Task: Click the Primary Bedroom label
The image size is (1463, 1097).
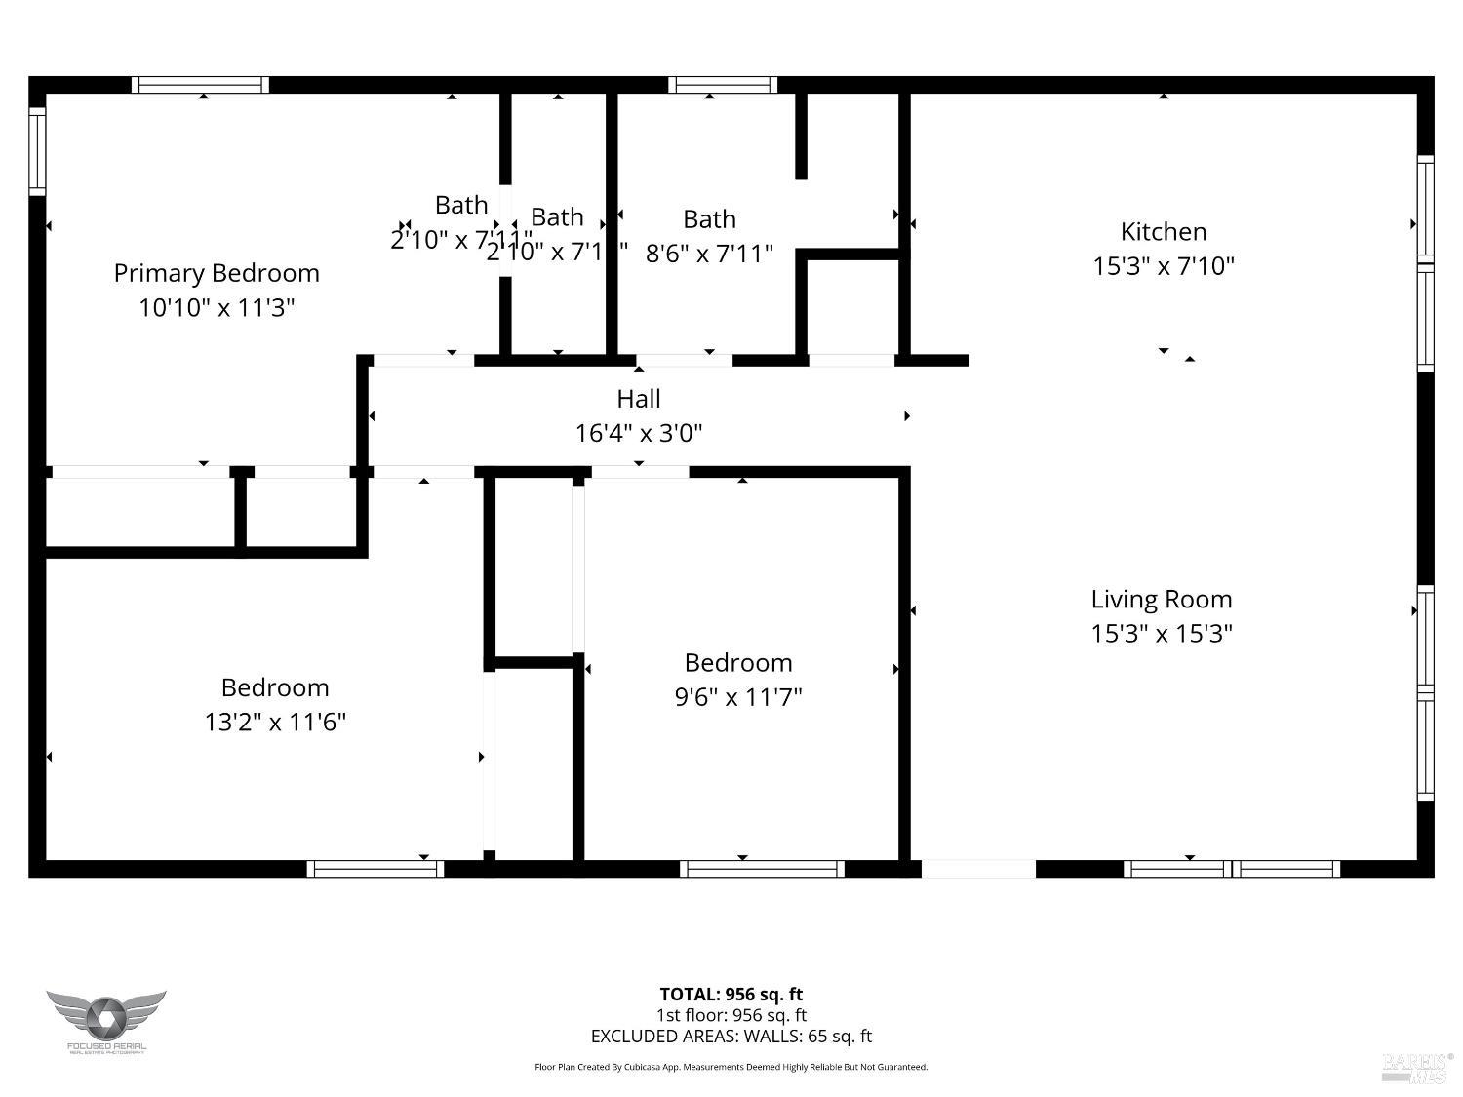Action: click(217, 273)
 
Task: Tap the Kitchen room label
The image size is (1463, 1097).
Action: click(1164, 232)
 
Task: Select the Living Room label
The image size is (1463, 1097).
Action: click(1162, 600)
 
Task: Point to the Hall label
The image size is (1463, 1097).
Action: click(639, 399)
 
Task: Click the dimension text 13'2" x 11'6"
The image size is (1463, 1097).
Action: click(275, 723)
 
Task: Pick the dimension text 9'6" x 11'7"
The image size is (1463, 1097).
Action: click(738, 697)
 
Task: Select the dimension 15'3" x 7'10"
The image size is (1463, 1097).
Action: click(1164, 266)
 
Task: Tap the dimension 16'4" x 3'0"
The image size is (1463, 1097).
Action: click(639, 433)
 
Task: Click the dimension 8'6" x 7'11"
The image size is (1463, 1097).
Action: click(709, 254)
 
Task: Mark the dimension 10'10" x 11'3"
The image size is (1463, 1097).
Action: click(217, 308)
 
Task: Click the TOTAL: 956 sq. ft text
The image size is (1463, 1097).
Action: click(731, 995)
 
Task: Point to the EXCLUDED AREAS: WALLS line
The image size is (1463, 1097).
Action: click(731, 1037)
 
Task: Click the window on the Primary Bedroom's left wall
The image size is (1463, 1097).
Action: click(37, 151)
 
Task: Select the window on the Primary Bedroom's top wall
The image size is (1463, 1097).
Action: click(200, 85)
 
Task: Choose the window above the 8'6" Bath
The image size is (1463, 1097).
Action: click(723, 85)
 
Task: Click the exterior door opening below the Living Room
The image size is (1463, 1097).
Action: click(978, 869)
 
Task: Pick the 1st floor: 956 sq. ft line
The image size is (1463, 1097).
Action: click(731, 1015)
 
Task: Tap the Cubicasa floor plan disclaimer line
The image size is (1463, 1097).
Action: click(731, 1067)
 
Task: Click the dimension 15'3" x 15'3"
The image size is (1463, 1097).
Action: click(1162, 634)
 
